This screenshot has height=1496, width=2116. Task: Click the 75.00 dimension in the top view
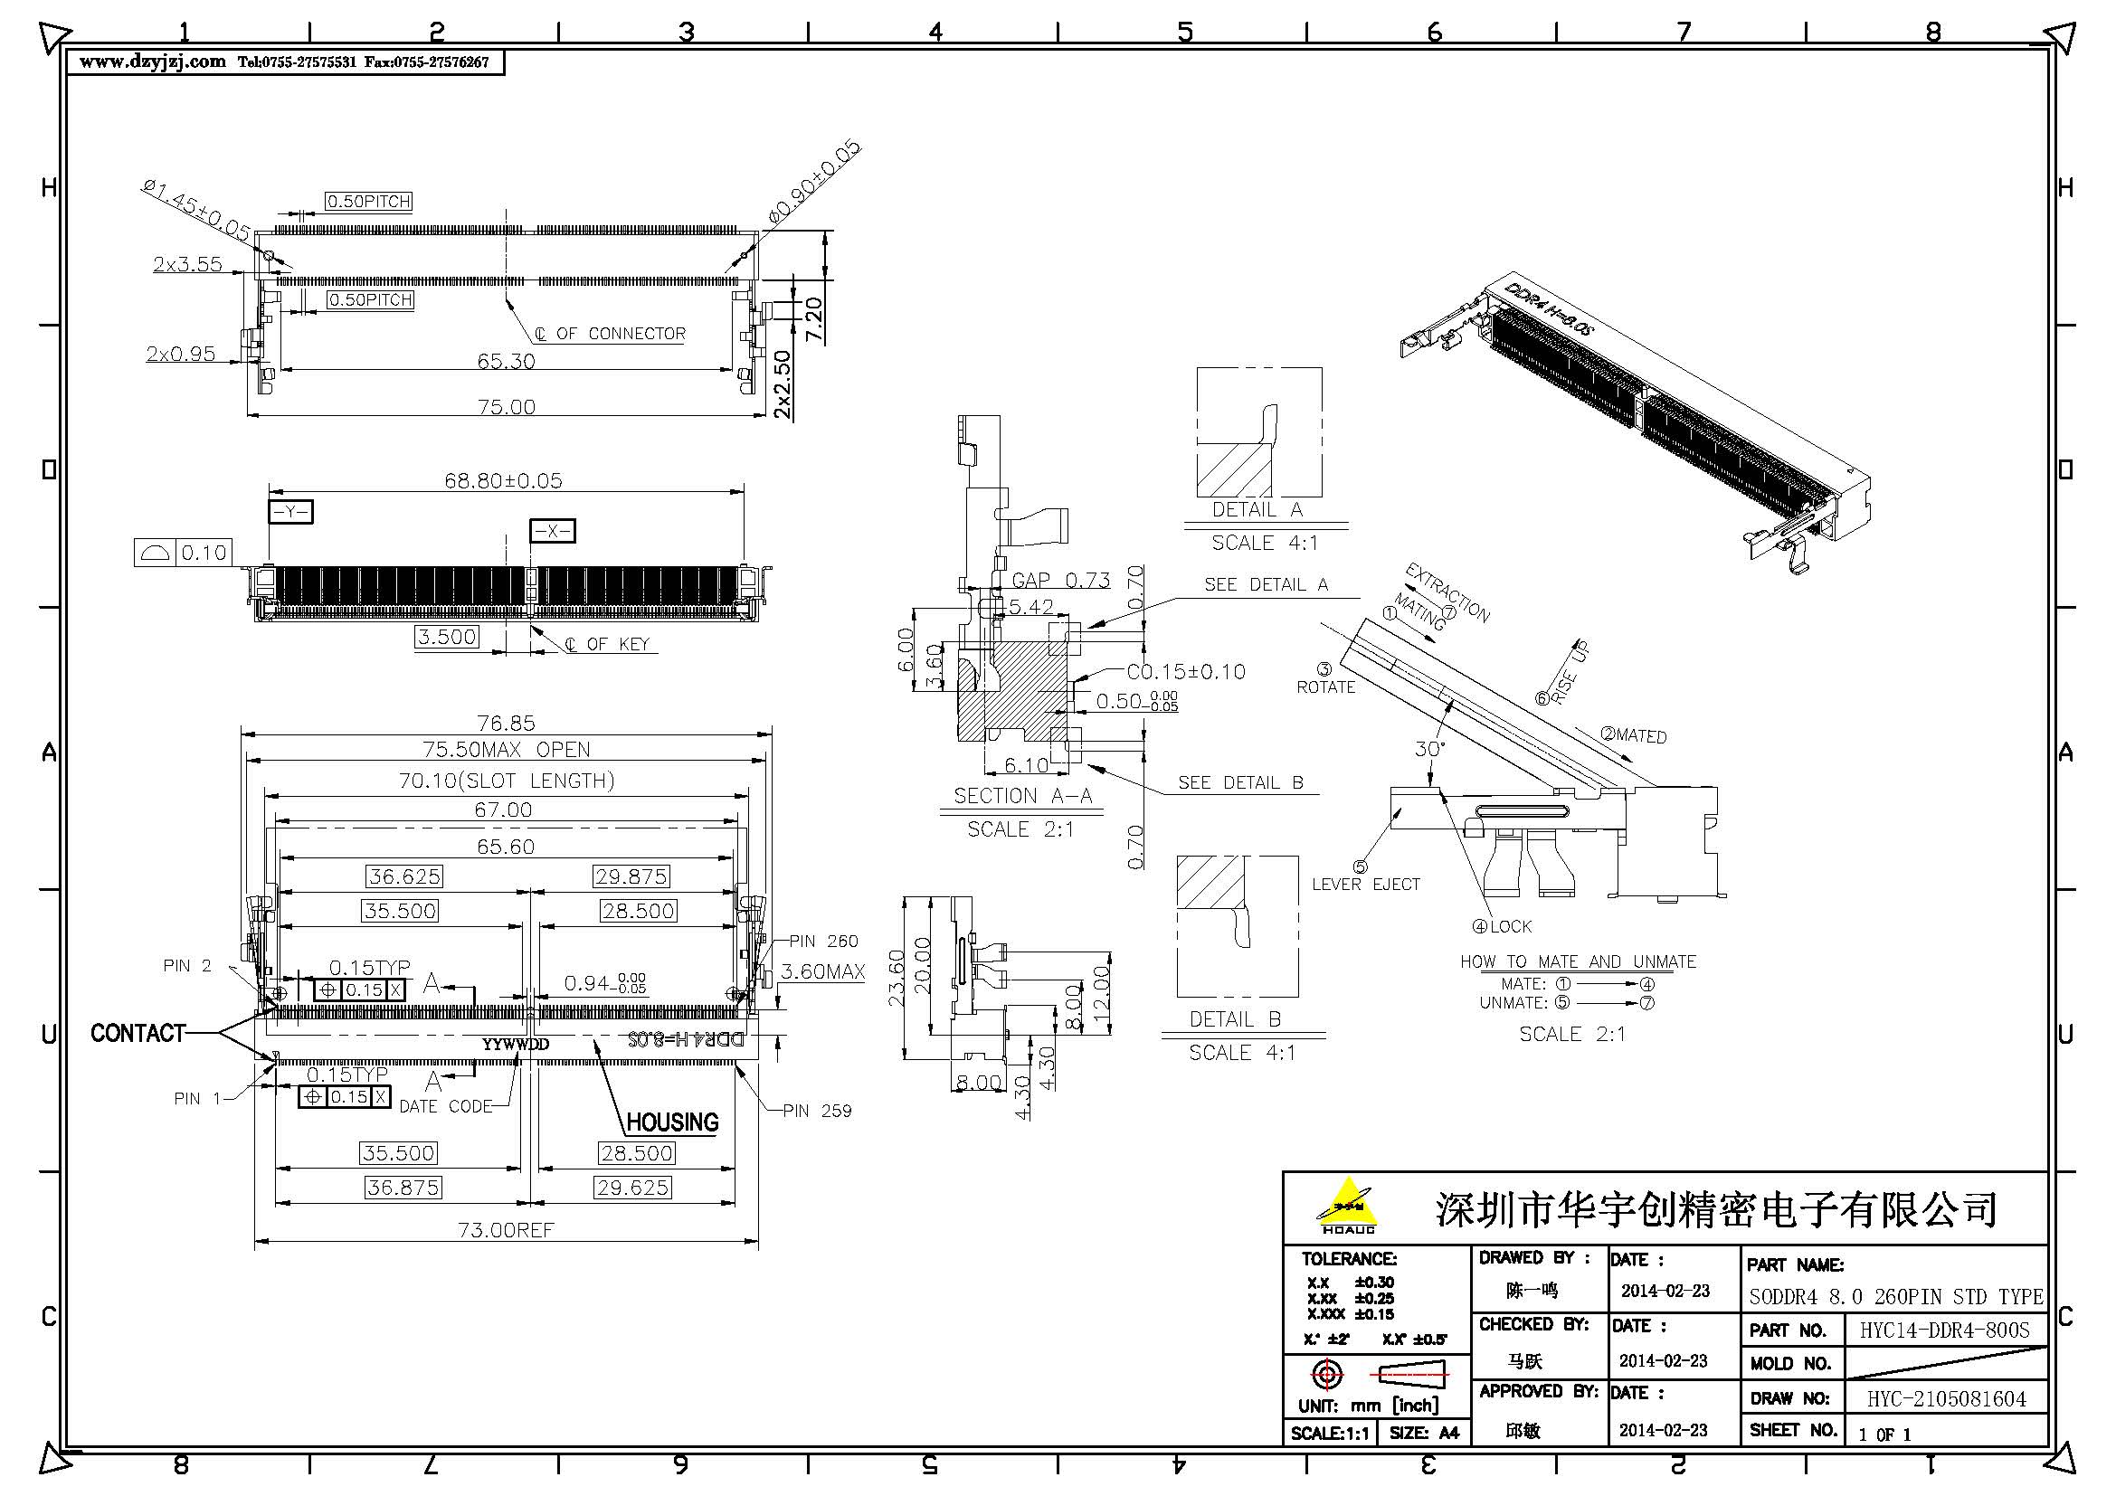(506, 406)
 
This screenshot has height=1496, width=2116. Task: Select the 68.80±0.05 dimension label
(503, 480)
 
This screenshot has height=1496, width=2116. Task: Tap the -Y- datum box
(290, 511)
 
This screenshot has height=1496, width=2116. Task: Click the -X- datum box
(552, 531)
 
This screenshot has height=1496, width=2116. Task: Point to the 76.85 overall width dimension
(506, 724)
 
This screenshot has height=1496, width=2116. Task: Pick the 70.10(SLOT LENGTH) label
(506, 781)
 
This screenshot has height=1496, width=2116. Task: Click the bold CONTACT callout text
(138, 1033)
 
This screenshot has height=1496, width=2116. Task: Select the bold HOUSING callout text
(672, 1122)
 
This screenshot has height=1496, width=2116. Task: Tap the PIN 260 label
(823, 941)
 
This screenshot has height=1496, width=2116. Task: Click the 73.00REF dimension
(506, 1230)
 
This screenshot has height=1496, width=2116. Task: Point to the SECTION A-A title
(1022, 796)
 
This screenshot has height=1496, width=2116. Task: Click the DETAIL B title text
(1235, 1018)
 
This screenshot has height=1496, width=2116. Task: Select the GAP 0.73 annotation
(1061, 580)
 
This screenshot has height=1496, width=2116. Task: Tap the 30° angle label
(1429, 749)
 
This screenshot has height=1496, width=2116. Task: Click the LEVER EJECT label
(1366, 884)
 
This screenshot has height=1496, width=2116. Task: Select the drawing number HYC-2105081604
(1947, 1399)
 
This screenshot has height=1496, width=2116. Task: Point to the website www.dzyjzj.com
(153, 62)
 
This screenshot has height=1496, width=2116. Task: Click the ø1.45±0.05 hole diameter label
(195, 211)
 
